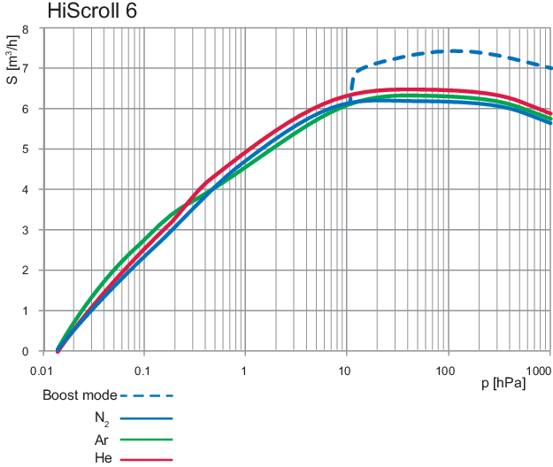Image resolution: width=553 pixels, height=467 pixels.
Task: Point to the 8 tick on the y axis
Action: (25, 28)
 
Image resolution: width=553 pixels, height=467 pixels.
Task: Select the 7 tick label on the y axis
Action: (25, 68)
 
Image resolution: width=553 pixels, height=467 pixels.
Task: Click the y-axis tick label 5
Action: (25, 149)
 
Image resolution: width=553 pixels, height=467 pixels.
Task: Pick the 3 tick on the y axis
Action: (25, 230)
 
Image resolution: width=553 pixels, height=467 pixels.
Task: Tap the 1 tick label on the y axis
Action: (25, 311)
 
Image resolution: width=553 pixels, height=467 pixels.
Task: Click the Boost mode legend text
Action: (79, 395)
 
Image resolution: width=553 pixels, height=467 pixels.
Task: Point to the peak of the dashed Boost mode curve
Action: (453, 50)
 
